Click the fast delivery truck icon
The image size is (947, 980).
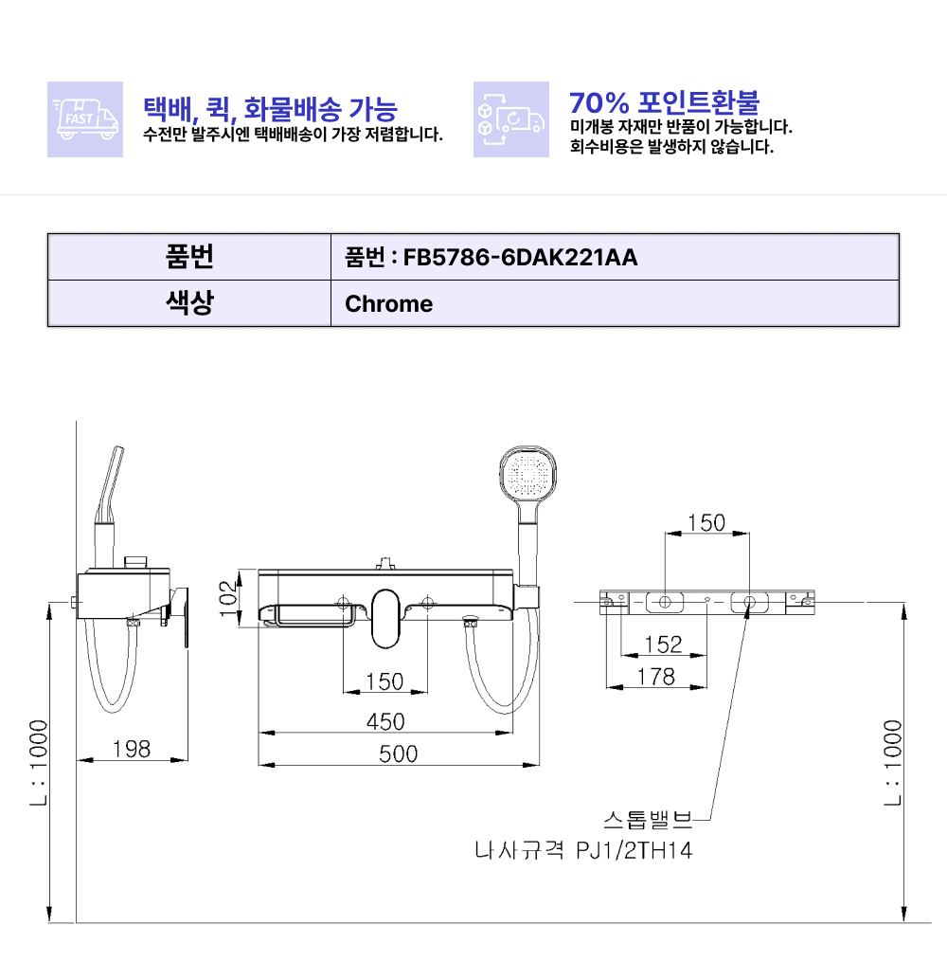click(x=85, y=118)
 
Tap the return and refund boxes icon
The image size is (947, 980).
click(x=511, y=118)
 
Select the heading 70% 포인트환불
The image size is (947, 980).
click(x=664, y=101)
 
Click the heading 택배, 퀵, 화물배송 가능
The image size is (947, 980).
click(x=270, y=109)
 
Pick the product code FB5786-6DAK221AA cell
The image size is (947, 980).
click(x=615, y=257)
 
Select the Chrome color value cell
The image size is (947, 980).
click(x=615, y=303)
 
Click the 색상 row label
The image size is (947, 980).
click(x=189, y=303)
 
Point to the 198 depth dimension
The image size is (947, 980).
click(x=132, y=748)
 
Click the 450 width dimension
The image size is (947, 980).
click(x=385, y=721)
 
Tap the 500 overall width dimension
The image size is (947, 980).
click(x=398, y=753)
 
